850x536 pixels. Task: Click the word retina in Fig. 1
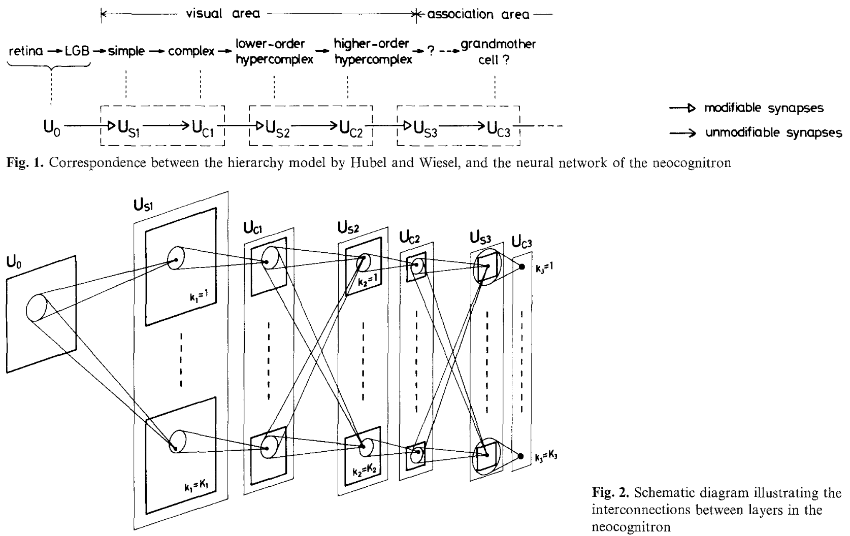[25, 51]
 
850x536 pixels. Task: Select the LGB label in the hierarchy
[77, 51]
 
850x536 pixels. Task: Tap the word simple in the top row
[126, 51]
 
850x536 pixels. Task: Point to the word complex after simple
[191, 51]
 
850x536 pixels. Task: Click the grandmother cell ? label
[498, 51]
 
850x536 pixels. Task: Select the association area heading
[478, 14]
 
